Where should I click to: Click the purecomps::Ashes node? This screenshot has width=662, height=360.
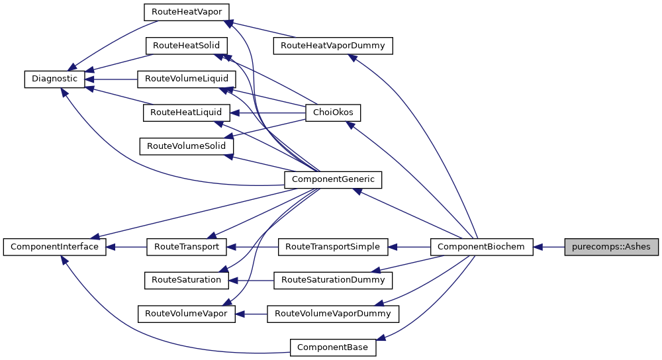tap(612, 247)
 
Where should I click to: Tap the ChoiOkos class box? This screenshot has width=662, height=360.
tap(332, 113)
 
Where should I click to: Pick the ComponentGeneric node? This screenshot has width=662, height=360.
tap(333, 179)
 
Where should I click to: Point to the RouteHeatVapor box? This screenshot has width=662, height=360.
tap(186, 13)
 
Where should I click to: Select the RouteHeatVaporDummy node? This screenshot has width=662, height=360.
tap(332, 46)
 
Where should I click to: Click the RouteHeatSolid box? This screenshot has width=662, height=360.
tap(186, 46)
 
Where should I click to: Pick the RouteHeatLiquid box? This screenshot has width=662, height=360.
tap(186, 113)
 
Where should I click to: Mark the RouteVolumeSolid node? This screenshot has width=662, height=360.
tap(186, 146)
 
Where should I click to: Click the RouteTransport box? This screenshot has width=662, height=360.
tap(186, 247)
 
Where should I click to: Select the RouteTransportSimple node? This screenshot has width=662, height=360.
tap(332, 247)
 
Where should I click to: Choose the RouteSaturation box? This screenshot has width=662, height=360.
tap(186, 280)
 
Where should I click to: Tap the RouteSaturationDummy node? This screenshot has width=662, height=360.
tap(333, 280)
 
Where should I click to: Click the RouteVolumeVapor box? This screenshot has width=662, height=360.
tap(186, 314)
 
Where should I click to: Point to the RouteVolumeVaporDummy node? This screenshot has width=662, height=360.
tap(333, 314)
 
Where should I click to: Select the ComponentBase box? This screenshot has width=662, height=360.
tap(333, 347)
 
